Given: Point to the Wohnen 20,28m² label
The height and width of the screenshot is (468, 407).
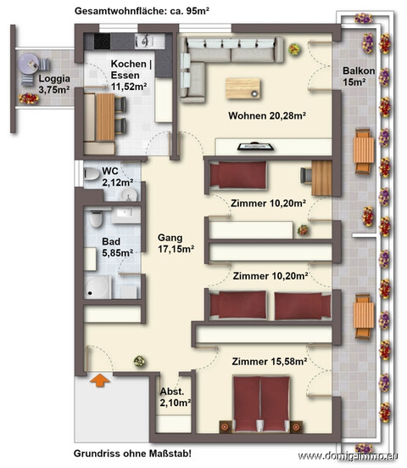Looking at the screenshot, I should tap(265, 116).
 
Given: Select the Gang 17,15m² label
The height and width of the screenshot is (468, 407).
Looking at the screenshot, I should tap(176, 244).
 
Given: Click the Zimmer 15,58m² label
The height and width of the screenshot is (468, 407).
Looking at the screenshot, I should tap(270, 362).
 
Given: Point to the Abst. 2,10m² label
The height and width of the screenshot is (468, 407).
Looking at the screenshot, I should tap(176, 398).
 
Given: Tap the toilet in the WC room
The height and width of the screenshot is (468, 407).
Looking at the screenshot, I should tap(92, 175).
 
